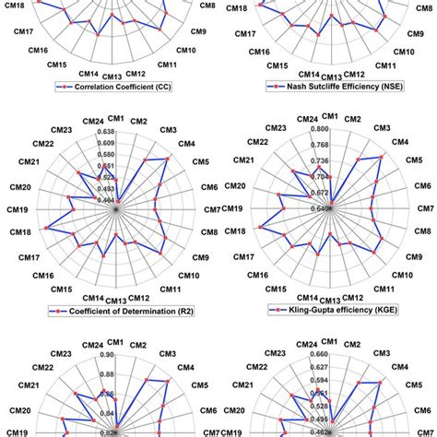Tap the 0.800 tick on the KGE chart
(320, 133)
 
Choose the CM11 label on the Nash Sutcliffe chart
(385, 65)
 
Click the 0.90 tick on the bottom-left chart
(107, 355)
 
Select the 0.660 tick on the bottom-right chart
(320, 355)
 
